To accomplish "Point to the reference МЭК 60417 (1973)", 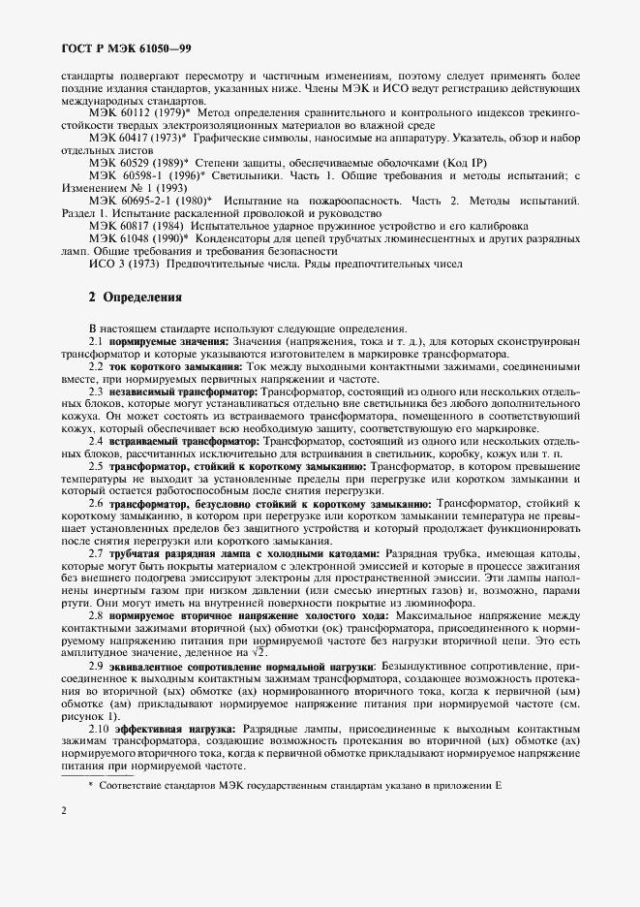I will click(140, 140).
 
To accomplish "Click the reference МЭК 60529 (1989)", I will click(140, 165).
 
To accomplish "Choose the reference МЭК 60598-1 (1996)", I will click(146, 177).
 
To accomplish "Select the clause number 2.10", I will click(99, 729).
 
